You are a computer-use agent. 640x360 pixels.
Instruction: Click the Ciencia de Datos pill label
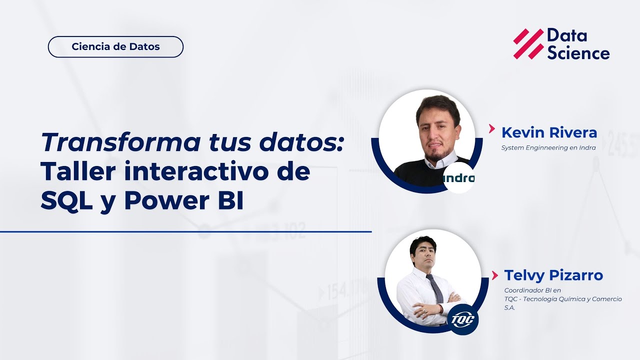click(x=115, y=47)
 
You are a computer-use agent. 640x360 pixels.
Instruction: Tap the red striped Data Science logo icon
click(x=528, y=44)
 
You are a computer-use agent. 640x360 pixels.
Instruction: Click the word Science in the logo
click(x=578, y=53)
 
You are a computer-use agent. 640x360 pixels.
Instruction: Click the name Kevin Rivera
click(x=549, y=132)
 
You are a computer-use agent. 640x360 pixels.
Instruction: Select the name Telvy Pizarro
click(x=553, y=275)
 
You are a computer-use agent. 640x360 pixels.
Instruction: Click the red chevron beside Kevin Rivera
click(x=492, y=129)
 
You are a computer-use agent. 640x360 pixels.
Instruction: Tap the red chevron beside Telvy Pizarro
click(x=495, y=274)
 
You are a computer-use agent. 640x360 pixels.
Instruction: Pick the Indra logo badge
click(x=458, y=178)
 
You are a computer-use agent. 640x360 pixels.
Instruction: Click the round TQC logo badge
click(x=462, y=319)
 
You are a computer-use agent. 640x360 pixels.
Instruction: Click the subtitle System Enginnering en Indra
click(x=548, y=147)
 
